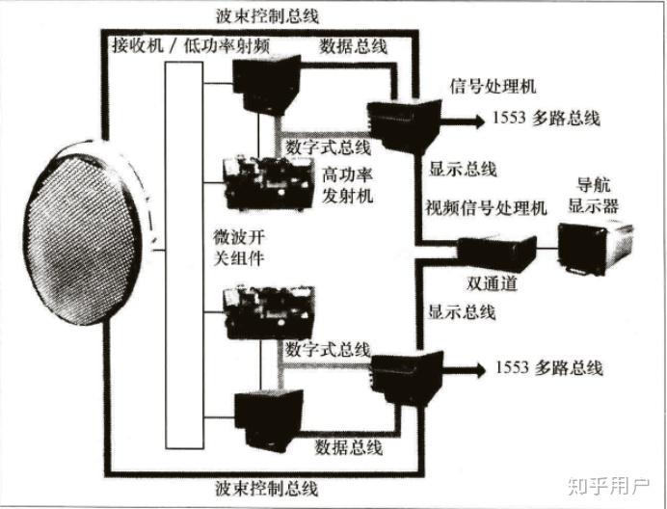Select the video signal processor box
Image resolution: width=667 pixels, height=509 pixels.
coord(495,253)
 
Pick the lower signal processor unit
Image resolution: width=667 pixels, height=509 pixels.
coord(406,376)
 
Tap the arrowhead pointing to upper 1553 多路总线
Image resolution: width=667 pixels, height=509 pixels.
coord(478,120)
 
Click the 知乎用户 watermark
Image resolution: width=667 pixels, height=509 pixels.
coord(612,482)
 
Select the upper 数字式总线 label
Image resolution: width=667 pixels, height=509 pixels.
coord(328,147)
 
